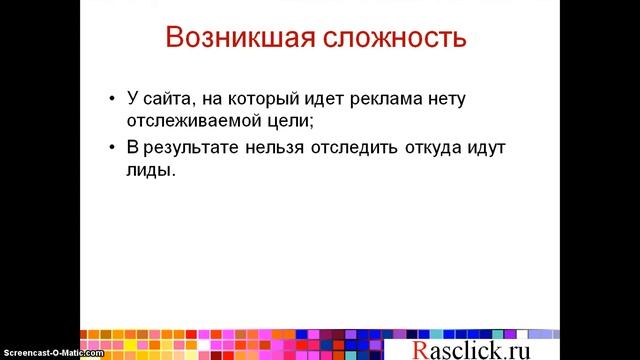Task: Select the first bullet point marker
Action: click(x=110, y=101)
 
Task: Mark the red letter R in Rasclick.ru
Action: click(x=421, y=348)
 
